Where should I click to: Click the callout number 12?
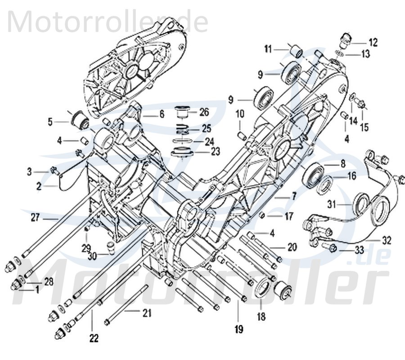pos(373,43)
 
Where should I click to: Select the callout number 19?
pos(238,329)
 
